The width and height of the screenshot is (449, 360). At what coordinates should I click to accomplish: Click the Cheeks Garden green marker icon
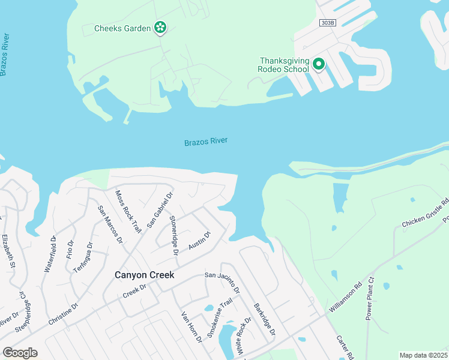point(160,27)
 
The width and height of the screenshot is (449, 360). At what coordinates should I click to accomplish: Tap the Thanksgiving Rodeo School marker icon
point(319,63)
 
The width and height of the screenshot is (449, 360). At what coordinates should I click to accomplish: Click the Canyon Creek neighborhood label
point(144,275)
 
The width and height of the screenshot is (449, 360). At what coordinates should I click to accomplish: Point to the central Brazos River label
point(206,142)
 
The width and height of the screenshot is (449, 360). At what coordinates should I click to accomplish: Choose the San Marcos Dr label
point(110,224)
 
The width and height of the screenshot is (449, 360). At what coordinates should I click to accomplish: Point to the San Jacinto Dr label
point(222,283)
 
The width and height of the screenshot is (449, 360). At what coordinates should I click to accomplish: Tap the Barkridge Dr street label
point(264,319)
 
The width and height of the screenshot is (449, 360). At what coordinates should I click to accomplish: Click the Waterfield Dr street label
point(49,254)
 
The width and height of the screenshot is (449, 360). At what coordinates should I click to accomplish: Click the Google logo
point(20,353)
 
